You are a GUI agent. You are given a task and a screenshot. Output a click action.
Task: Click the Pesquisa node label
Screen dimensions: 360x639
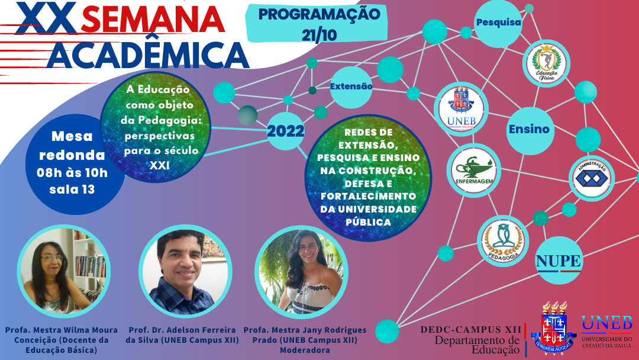(498, 23)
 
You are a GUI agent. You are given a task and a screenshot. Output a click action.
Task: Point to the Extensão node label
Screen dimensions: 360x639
(351, 86)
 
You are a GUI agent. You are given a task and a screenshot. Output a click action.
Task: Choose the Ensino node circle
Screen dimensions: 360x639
(528, 129)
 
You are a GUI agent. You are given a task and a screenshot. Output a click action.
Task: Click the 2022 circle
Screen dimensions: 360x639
(285, 131)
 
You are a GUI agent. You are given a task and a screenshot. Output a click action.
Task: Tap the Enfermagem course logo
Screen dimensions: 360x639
(475, 169)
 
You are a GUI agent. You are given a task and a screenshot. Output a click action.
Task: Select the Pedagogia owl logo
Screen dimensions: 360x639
(502, 240)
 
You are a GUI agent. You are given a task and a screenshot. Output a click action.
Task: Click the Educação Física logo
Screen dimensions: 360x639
(546, 64)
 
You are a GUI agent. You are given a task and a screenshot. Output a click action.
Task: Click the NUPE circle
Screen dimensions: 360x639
(559, 261)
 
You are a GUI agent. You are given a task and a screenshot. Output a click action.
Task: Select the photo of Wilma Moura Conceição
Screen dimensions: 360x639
(61, 271)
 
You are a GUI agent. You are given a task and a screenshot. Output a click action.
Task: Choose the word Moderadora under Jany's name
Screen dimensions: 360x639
(305, 351)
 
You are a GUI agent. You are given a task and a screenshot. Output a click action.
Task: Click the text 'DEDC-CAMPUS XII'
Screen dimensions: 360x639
(471, 329)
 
